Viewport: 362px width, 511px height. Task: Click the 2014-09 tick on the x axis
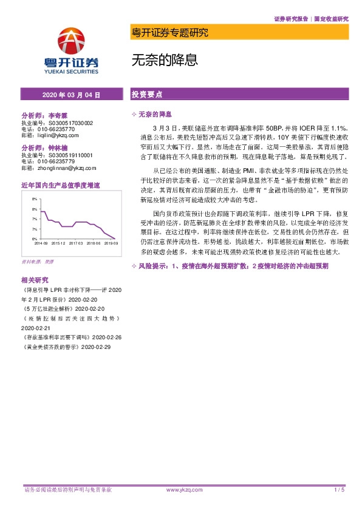coord(41,243)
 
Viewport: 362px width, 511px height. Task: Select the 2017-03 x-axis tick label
coord(76,243)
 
